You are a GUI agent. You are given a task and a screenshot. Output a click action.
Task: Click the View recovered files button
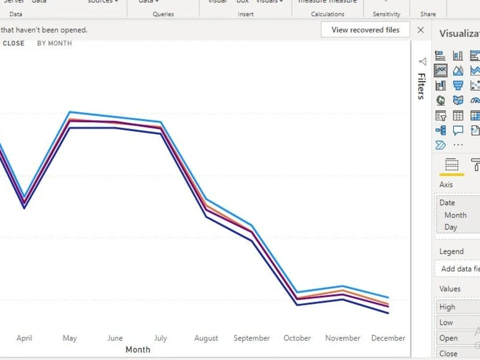tap(365, 30)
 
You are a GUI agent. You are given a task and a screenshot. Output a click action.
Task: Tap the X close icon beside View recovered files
tap(421, 30)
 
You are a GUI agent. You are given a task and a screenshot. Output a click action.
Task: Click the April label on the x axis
tap(24, 338)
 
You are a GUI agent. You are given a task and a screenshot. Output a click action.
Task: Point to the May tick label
tap(70, 338)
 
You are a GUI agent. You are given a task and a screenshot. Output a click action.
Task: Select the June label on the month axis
tap(115, 338)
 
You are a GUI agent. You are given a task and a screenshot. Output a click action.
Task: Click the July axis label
tap(160, 338)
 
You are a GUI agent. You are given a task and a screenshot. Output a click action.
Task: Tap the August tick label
tap(206, 338)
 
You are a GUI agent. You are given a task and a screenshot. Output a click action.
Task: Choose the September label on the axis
tap(252, 338)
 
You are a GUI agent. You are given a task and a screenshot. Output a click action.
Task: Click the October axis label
tap(297, 338)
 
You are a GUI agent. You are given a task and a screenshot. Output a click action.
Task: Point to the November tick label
tap(343, 338)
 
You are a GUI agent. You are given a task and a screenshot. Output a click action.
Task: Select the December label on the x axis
tap(388, 338)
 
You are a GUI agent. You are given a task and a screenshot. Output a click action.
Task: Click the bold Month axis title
tap(138, 349)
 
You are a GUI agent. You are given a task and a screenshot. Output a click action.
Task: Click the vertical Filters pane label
tap(421, 86)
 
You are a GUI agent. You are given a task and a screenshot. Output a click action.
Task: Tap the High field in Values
tap(447, 307)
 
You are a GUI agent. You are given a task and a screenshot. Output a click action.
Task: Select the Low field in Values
tap(446, 323)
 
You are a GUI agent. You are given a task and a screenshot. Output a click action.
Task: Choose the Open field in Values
tap(448, 338)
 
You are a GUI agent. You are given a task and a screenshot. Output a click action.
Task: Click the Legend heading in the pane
tap(451, 251)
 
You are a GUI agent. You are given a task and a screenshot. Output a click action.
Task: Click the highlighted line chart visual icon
tap(441, 71)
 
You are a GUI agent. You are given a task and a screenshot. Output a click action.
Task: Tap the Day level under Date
tap(451, 227)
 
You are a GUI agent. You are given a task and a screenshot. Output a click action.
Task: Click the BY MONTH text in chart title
tap(54, 43)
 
